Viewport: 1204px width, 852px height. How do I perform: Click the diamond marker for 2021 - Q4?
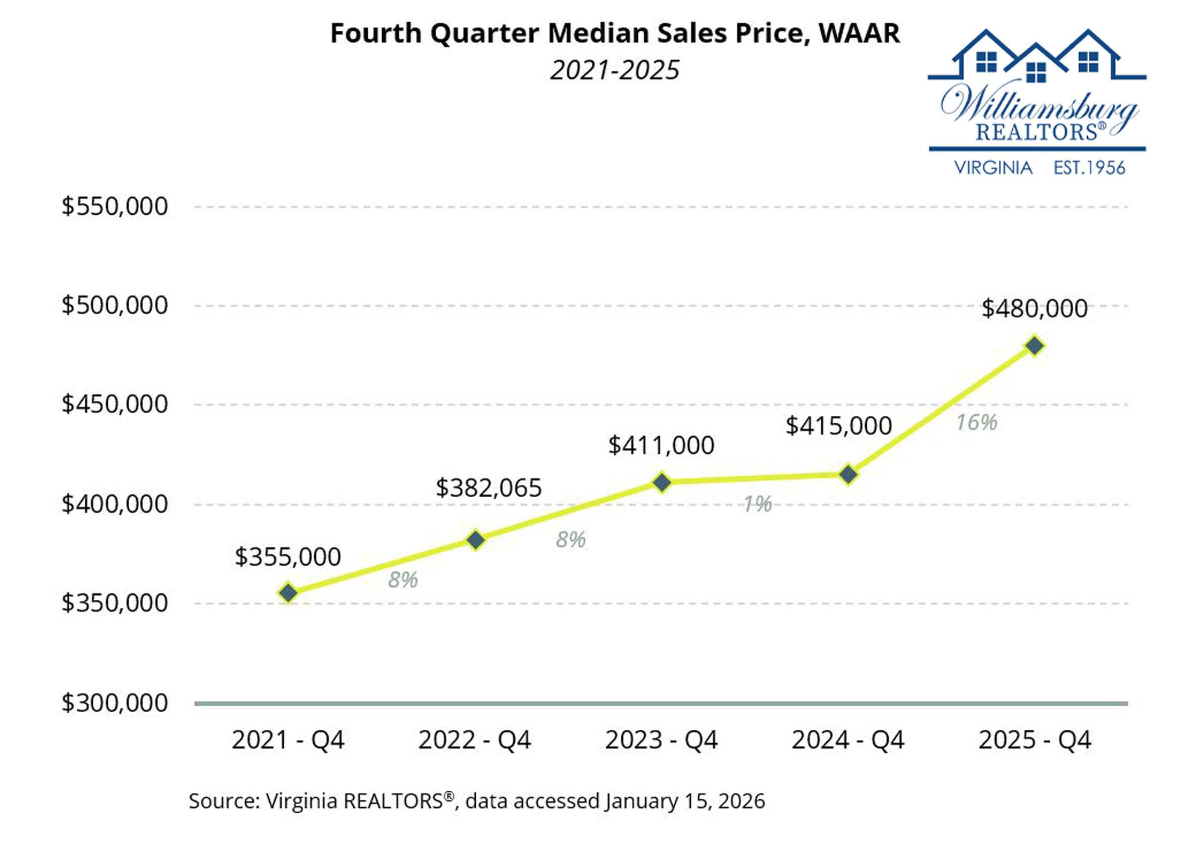pos(288,593)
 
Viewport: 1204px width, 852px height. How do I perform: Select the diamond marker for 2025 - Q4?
pos(1034,346)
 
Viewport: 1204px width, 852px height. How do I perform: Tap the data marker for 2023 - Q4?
pos(662,482)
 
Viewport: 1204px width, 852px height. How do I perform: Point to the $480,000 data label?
pos(1034,308)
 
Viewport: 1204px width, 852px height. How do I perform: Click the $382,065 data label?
pos(488,488)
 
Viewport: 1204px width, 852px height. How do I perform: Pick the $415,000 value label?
pos(838,426)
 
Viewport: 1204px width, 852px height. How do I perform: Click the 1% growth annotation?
pos(758,504)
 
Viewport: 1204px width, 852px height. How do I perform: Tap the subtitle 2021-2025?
pos(615,70)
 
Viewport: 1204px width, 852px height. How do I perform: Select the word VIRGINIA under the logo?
pos(993,168)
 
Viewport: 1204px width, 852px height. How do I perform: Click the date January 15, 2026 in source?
pos(684,801)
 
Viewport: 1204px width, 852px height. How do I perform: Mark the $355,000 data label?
pos(288,557)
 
